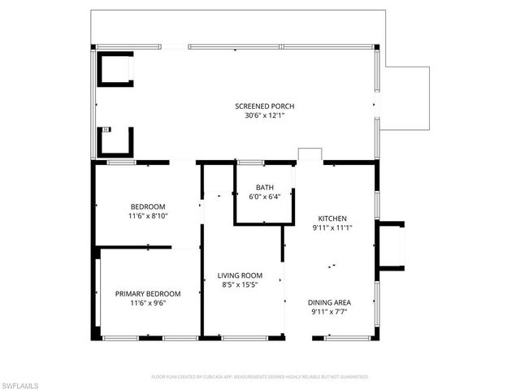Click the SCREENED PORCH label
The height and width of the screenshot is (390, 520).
click(x=264, y=106)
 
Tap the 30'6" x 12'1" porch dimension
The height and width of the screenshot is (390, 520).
click(x=264, y=115)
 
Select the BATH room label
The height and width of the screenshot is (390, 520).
click(x=264, y=187)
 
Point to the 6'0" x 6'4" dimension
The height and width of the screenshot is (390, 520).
click(x=264, y=196)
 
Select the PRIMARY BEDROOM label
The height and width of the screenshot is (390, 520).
click(x=147, y=293)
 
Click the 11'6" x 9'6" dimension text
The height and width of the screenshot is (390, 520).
click(x=147, y=303)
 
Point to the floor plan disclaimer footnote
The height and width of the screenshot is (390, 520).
click(x=260, y=377)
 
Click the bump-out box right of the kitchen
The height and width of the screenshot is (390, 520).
click(x=392, y=245)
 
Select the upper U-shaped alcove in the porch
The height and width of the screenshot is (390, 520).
click(x=115, y=69)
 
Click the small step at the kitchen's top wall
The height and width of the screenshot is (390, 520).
click(x=310, y=155)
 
